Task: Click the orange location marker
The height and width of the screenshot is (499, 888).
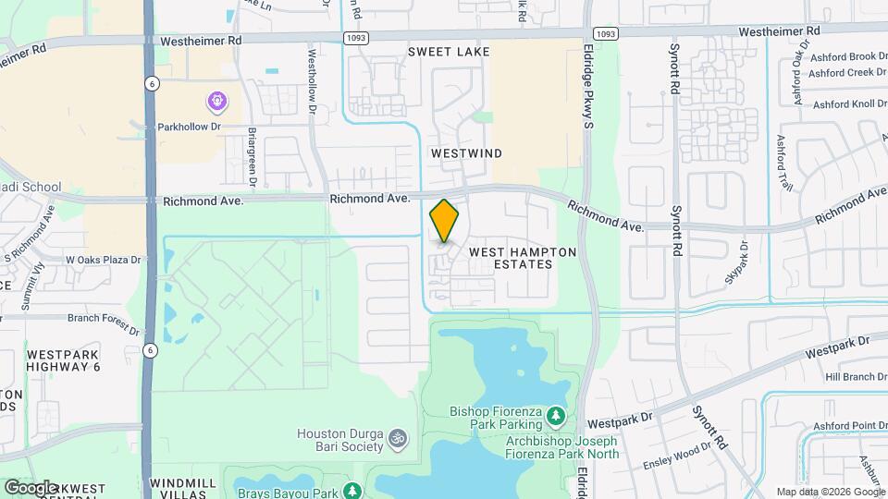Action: [444, 221]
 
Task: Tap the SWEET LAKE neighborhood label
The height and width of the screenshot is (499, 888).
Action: [449, 53]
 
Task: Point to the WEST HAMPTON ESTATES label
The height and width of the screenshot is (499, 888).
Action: [523, 258]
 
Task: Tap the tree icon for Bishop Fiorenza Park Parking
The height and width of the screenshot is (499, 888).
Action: [555, 417]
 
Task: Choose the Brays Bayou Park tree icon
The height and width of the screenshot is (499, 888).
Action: [351, 490]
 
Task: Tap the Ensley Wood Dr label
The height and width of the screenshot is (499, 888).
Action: [678, 445]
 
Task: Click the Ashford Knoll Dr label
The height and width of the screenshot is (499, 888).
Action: [848, 103]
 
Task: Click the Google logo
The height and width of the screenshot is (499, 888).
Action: [30, 487]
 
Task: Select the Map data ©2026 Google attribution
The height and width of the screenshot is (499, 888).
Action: [830, 492]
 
